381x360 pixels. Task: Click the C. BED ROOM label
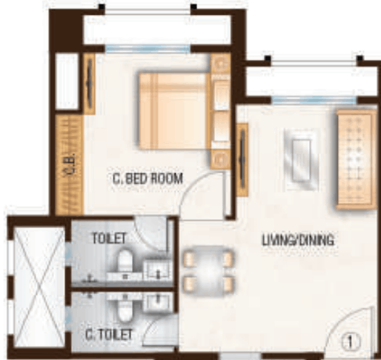point(148,179)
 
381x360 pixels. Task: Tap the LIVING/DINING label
point(297,240)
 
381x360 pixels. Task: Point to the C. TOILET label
point(108,335)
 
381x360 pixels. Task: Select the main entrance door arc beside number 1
point(342,329)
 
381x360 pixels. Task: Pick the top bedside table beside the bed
point(219,64)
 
